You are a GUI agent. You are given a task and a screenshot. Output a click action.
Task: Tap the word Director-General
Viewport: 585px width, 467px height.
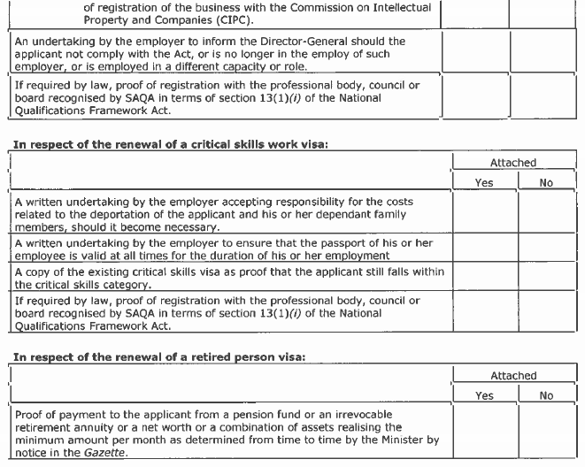click(321, 42)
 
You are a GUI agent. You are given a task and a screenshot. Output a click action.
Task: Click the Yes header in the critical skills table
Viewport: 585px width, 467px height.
click(484, 183)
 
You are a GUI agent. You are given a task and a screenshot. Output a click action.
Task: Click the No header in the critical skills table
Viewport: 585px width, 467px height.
click(546, 183)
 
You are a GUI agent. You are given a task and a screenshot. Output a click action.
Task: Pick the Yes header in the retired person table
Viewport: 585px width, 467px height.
click(484, 395)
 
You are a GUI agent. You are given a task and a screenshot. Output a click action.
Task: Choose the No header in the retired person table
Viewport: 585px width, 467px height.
click(546, 395)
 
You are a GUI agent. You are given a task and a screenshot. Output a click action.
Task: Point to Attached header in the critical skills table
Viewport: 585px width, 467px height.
click(513, 164)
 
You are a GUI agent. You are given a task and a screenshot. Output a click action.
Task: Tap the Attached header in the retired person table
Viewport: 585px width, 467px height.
click(513, 376)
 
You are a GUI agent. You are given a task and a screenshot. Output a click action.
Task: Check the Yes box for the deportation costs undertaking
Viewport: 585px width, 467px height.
click(484, 213)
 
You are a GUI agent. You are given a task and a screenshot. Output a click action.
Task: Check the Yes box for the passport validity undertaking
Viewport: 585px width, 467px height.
click(484, 249)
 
